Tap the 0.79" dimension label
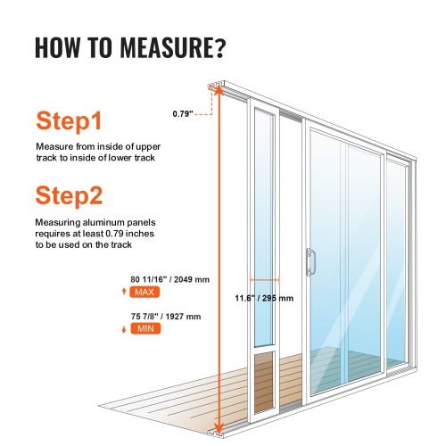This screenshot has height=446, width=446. pos(183,114)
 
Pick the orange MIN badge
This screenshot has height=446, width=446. pos(144,329)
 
